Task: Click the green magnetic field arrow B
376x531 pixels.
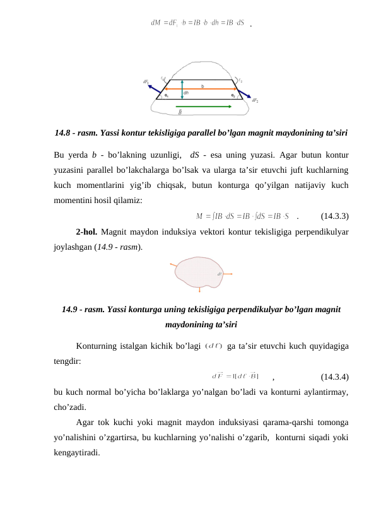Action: pyautogui.click(x=190, y=107)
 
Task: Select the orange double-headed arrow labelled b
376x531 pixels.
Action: pyautogui.click(x=202, y=89)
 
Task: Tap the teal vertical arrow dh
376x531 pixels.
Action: pyautogui.click(x=182, y=90)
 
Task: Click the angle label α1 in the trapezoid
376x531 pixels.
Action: pyautogui.click(x=167, y=95)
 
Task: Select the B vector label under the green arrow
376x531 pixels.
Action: pyautogui.click(x=181, y=113)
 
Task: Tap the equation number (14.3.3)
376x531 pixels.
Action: pyautogui.click(x=335, y=216)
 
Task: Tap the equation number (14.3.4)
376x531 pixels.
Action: pyautogui.click(x=335, y=377)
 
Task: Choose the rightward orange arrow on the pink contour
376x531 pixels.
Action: pyautogui.click(x=228, y=274)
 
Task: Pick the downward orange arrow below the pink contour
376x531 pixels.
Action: pyautogui.click(x=199, y=289)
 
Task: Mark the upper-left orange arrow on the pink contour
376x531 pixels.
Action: pyautogui.click(x=175, y=265)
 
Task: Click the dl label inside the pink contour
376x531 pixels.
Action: pyautogui.click(x=219, y=274)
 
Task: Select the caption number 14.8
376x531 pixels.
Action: pyautogui.click(x=64, y=133)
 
